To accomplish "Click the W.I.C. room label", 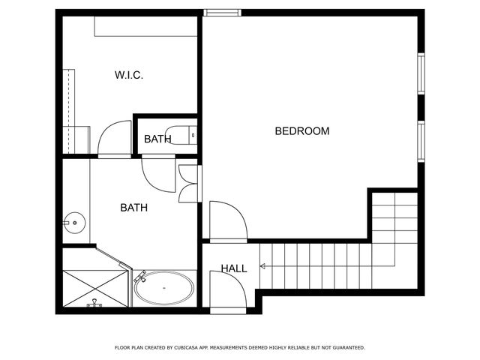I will point(129,75).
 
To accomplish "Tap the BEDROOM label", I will point(302,131).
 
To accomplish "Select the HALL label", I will point(233,268).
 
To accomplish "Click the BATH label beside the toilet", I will point(157,139).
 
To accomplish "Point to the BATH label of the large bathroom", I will point(134,208).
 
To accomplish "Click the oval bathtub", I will point(164,287).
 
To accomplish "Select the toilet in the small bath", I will point(182,136).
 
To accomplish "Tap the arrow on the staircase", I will point(263,265).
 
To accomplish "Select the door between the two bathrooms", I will point(156,173).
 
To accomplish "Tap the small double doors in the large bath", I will point(188,181).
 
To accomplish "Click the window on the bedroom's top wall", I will point(223,12).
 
